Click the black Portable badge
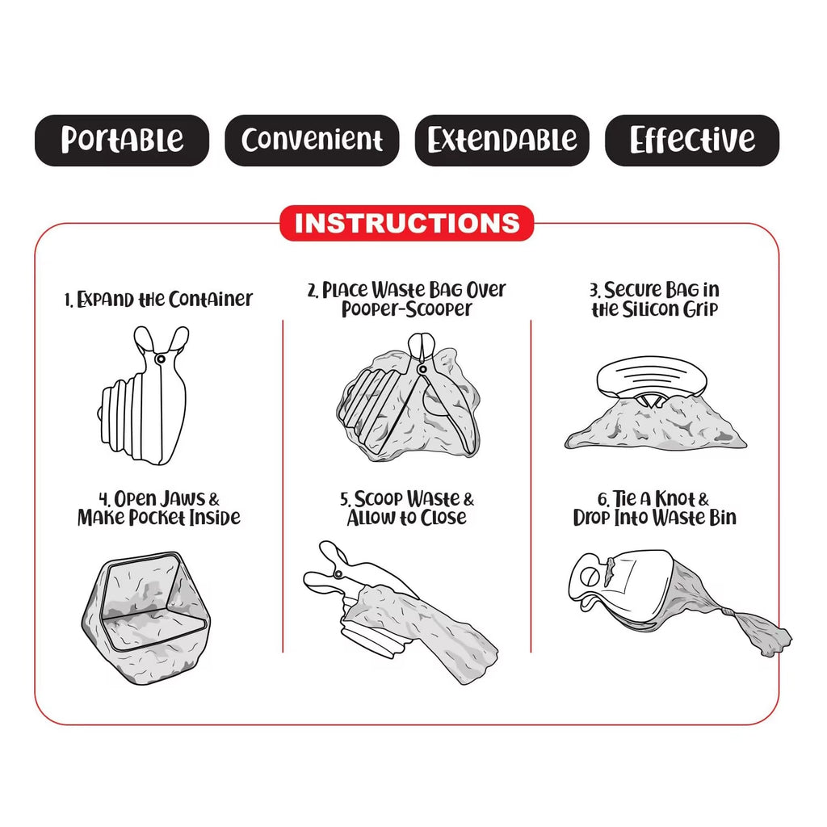click(x=122, y=141)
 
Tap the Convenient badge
click(x=312, y=141)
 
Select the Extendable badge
click(x=502, y=141)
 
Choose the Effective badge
click(x=692, y=141)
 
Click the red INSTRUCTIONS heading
click(x=407, y=223)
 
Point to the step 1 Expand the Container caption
click(x=158, y=300)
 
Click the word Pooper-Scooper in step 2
click(x=407, y=309)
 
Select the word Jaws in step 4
click(x=183, y=499)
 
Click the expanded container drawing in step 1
click(x=144, y=396)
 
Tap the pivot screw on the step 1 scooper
click(x=161, y=359)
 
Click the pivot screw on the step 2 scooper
click(x=422, y=368)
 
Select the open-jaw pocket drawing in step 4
click(x=146, y=618)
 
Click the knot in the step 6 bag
click(x=728, y=612)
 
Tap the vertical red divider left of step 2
click(x=283, y=486)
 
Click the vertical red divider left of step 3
click(x=531, y=486)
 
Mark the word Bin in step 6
click(x=723, y=518)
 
